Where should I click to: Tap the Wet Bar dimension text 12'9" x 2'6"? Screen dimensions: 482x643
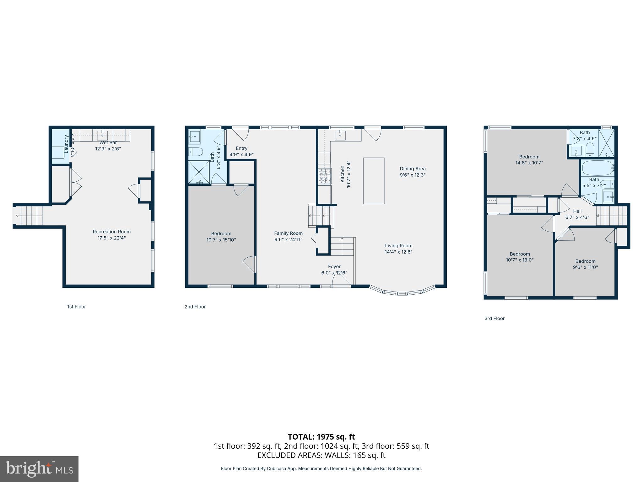point(108,149)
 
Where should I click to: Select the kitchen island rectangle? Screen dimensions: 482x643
point(374,181)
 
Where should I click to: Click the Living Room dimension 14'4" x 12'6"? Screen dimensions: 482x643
point(398,252)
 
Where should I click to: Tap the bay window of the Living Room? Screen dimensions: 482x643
point(403,292)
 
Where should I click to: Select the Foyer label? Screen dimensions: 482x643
point(334,266)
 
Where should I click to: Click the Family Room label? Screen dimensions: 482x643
point(288,233)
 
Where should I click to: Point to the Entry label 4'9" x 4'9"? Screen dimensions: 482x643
point(241,151)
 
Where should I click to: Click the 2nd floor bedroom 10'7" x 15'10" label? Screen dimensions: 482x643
point(221,237)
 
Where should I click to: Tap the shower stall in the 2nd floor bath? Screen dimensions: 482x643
point(199,172)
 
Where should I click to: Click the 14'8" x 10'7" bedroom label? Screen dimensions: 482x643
point(529,160)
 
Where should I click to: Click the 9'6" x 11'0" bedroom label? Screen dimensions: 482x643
point(585,264)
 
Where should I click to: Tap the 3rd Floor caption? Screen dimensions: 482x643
point(494,318)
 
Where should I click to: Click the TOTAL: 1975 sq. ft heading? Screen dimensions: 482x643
point(321,436)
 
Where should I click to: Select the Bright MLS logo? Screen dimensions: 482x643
point(39,469)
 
